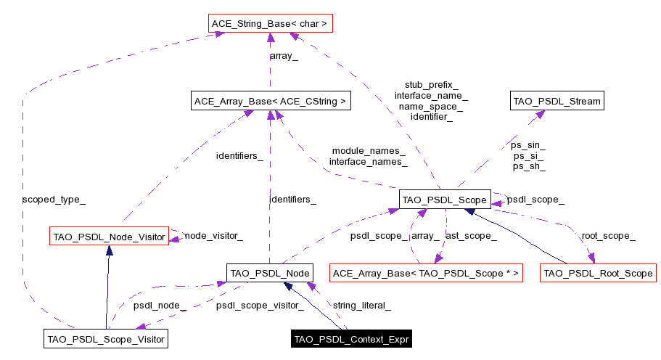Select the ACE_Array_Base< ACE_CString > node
tap(270, 101)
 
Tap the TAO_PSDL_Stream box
tap(557, 101)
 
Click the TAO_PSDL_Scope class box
tap(445, 199)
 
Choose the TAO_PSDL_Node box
tap(269, 273)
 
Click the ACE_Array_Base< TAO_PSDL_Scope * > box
tap(425, 273)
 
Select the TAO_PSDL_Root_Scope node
tap(599, 273)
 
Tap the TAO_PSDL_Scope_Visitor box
tap(106, 338)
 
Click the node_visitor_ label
tap(213, 235)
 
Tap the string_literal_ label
tap(361, 306)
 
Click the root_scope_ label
tap(608, 235)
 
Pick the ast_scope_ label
tap(471, 235)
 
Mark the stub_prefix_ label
tap(431, 84)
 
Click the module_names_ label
tap(369, 151)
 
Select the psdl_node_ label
tap(160, 306)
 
